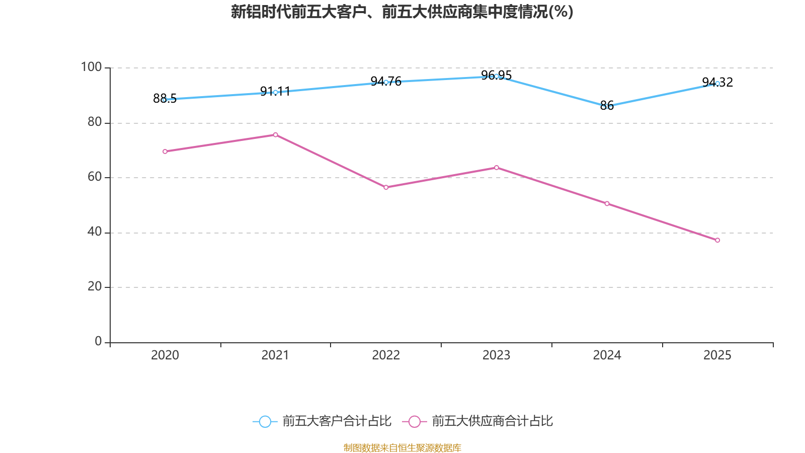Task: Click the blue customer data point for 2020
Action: click(165, 100)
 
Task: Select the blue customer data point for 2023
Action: click(497, 77)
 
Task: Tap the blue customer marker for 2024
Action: click(607, 107)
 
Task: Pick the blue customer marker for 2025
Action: click(717, 84)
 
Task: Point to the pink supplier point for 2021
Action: click(275, 135)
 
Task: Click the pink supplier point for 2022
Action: click(386, 187)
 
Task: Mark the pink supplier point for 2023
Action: click(497, 168)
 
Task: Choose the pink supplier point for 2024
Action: click(607, 204)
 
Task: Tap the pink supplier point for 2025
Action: click(717, 240)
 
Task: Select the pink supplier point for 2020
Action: click(165, 152)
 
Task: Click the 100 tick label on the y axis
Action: click(91, 67)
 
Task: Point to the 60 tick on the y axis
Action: click(95, 177)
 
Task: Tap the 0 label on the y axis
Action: click(98, 341)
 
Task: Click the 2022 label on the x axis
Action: click(386, 355)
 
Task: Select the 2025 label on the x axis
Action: click(717, 355)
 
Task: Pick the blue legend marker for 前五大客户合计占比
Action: click(265, 421)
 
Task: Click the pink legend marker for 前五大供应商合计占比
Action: click(414, 421)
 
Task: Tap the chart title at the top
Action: click(402, 12)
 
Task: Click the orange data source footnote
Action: click(402, 447)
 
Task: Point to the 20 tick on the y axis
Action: click(95, 286)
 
